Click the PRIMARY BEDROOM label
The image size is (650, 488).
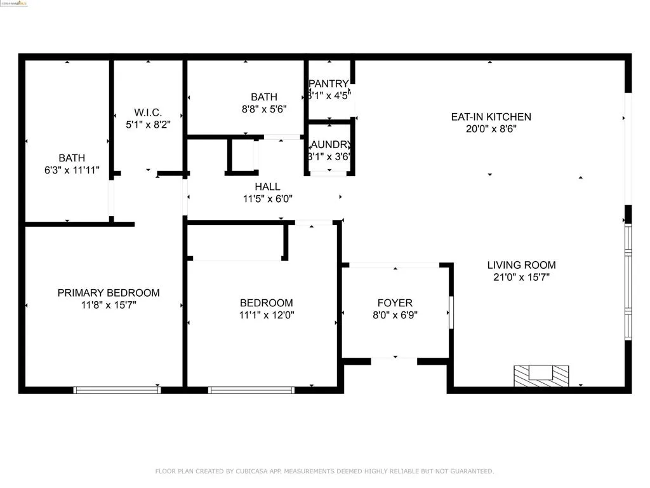[109, 293]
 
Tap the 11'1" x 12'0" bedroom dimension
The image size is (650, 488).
[266, 315]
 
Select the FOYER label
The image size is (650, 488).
[394, 303]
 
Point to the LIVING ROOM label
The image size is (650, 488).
[521, 265]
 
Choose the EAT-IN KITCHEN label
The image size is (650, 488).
[491, 117]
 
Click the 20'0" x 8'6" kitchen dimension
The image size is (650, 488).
[491, 129]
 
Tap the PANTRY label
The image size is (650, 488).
[329, 84]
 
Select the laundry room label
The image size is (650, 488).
[329, 144]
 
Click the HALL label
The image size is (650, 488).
[267, 187]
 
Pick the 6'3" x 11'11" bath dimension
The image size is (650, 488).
[72, 170]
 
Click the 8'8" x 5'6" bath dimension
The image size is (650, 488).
[263, 109]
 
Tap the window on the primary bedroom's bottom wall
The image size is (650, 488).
[117, 390]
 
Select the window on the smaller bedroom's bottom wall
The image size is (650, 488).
[251, 390]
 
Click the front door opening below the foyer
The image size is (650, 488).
[394, 361]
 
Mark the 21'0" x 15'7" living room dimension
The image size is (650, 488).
[521, 277]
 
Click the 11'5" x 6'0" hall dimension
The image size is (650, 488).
[267, 198]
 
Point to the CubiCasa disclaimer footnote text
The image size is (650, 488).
[324, 471]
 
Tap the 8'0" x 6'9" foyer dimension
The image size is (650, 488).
[394, 315]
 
